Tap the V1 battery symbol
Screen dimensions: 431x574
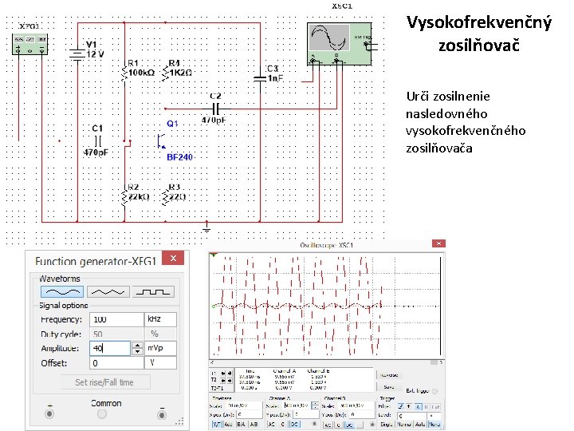[x=77, y=54]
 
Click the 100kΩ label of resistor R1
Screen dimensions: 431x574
[x=140, y=73]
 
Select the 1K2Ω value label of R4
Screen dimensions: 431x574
[x=181, y=73]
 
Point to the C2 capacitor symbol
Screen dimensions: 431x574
[x=215, y=108]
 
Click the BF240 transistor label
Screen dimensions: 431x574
[x=179, y=157]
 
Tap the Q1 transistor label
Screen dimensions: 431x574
[x=172, y=124]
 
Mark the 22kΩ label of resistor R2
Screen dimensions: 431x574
[x=139, y=197]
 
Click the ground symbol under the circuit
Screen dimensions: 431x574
[x=206, y=229]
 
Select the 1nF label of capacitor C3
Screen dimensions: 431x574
[x=273, y=78]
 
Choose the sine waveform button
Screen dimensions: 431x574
[x=62, y=291]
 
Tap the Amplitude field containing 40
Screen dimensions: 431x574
[x=111, y=348]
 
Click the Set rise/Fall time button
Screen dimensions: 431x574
[x=104, y=382]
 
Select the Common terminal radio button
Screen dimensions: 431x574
[x=105, y=414]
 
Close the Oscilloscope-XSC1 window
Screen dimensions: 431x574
[x=436, y=244]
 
